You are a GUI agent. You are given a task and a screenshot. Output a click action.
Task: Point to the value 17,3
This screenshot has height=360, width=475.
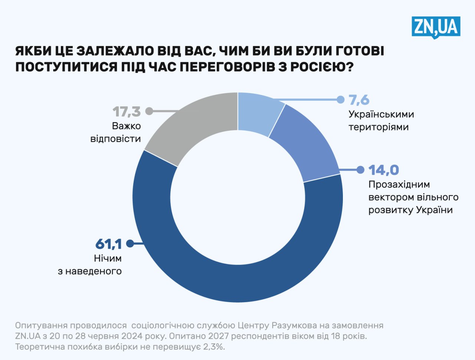click(x=127, y=111)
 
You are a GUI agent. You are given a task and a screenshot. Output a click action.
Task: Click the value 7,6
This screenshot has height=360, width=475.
click(x=359, y=100)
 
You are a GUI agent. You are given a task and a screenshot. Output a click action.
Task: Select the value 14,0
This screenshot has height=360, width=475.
click(x=384, y=170)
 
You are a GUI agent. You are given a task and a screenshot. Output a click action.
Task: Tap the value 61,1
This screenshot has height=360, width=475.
click(x=109, y=244)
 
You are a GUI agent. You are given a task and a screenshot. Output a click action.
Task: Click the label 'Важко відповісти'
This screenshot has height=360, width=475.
click(x=116, y=132)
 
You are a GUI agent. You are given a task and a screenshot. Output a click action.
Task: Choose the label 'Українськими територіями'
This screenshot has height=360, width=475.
click(x=381, y=120)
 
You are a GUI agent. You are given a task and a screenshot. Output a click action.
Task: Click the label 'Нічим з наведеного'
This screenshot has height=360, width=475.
click(x=90, y=265)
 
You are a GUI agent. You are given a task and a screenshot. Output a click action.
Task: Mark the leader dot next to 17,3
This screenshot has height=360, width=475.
click(x=149, y=111)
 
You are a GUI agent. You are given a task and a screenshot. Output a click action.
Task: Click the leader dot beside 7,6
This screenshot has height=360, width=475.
click(x=340, y=99)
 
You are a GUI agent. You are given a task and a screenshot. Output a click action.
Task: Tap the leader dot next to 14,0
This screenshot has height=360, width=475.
click(x=360, y=170)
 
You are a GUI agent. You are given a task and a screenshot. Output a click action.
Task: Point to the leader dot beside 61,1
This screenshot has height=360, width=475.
click(x=130, y=244)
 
